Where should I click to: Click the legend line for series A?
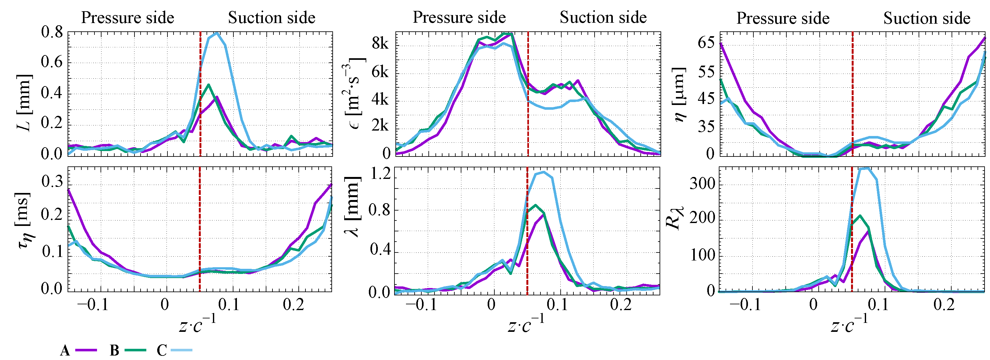86,350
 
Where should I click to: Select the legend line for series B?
135,350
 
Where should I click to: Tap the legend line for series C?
181,350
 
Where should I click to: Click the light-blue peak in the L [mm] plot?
217,33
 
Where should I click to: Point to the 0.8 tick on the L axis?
52,32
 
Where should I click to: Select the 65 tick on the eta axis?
706,42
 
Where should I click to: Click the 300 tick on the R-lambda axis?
702,184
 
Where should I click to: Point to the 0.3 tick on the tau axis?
52,181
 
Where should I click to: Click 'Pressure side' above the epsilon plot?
459,17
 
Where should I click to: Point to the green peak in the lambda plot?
535,205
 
